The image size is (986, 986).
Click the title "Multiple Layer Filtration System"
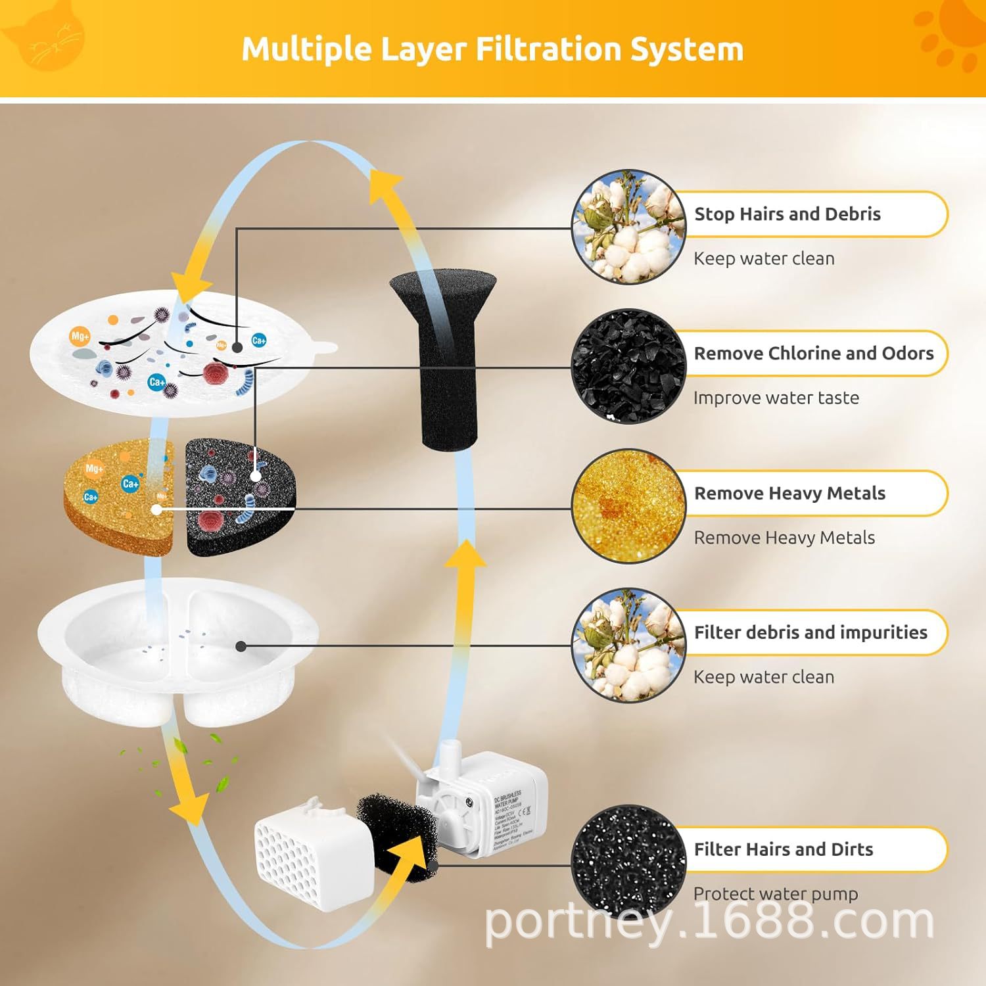pyautogui.click(x=492, y=49)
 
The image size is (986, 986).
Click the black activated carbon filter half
pyautogui.click(x=240, y=498)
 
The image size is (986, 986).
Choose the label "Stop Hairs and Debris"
pyautogui.click(x=787, y=214)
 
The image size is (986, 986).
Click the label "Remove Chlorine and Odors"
pyautogui.click(x=813, y=354)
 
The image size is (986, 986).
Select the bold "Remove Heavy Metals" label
pyautogui.click(x=789, y=494)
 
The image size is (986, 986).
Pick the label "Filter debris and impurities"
pyautogui.click(x=810, y=632)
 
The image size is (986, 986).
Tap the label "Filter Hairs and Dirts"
pyautogui.click(x=783, y=849)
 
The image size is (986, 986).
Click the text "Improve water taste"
pyautogui.click(x=776, y=398)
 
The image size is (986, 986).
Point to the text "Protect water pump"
pyautogui.click(x=776, y=894)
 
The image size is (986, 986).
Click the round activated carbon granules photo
pyautogui.click(x=628, y=365)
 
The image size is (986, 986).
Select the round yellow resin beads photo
pyautogui.click(x=628, y=506)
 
